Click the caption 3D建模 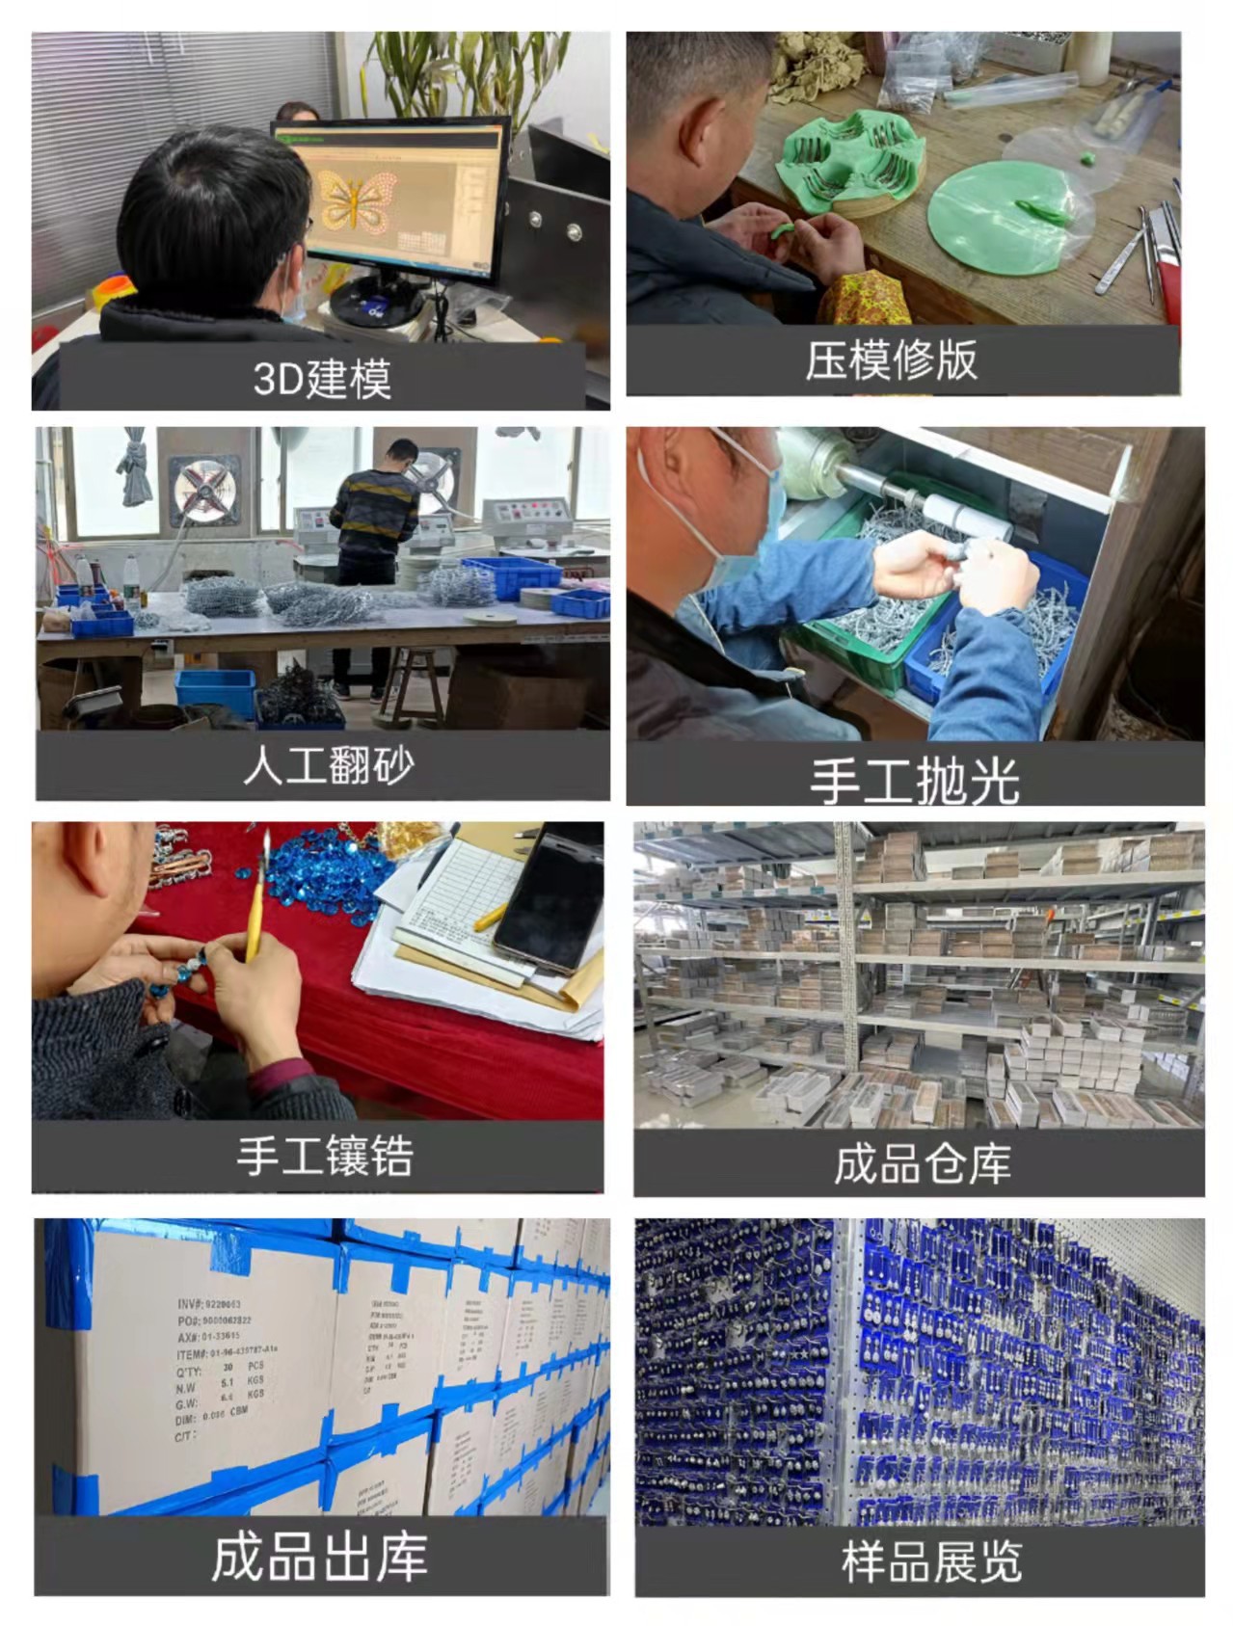click(x=322, y=379)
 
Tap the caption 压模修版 click(x=892, y=360)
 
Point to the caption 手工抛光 click(x=914, y=780)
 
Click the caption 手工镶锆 click(x=325, y=1156)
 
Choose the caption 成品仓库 click(x=922, y=1163)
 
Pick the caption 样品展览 click(x=930, y=1560)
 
